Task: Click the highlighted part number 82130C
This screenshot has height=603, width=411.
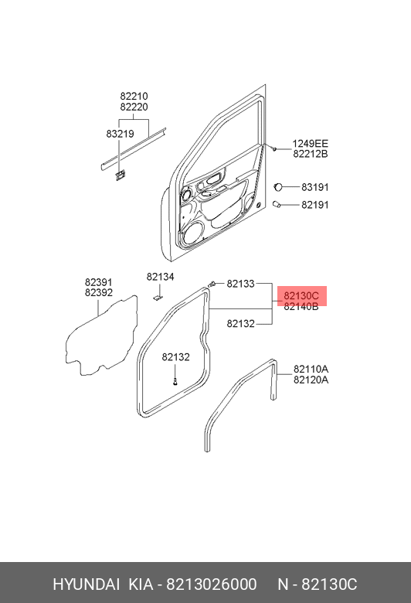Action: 301,296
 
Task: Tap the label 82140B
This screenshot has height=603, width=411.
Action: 301,306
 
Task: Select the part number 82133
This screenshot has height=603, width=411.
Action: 241,284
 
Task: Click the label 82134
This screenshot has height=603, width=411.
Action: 161,277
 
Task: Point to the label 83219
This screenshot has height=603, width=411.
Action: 120,134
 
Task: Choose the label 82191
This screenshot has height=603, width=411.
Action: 315,205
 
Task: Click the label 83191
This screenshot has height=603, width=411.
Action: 315,187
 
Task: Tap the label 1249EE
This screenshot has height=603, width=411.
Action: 311,144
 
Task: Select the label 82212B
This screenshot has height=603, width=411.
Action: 311,154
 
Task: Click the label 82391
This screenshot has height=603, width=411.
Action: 99,282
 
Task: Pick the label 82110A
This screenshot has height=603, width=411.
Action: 311,370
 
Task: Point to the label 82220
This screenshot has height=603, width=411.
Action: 134,107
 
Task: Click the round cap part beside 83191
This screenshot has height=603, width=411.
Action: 278,187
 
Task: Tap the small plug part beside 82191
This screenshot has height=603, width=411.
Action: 277,204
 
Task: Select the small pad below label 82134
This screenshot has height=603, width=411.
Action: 158,298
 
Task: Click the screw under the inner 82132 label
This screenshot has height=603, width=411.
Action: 175,381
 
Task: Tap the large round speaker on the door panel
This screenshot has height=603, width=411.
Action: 192,233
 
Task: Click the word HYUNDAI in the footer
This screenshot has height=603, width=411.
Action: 86,584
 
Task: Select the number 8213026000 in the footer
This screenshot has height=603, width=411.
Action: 211,584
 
